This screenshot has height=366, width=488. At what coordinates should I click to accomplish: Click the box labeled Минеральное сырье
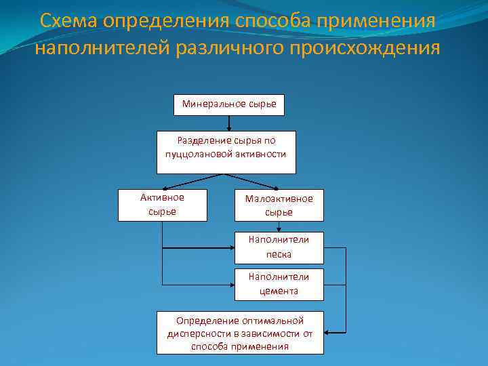point(229,105)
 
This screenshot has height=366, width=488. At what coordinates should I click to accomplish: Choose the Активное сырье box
point(162,205)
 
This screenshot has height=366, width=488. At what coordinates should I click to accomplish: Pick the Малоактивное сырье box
point(279,205)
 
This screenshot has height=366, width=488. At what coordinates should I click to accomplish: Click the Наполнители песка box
point(279,247)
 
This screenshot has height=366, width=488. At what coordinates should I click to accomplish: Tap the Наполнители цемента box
point(279,285)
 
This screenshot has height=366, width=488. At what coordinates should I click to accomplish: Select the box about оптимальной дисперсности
point(240,333)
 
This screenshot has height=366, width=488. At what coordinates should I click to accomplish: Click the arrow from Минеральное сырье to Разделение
point(229,123)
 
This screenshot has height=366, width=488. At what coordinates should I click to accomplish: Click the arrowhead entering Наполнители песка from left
point(231,248)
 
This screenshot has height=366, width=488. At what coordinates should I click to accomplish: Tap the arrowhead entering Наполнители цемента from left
point(231,285)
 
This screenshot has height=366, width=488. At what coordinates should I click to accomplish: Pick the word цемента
point(279,291)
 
